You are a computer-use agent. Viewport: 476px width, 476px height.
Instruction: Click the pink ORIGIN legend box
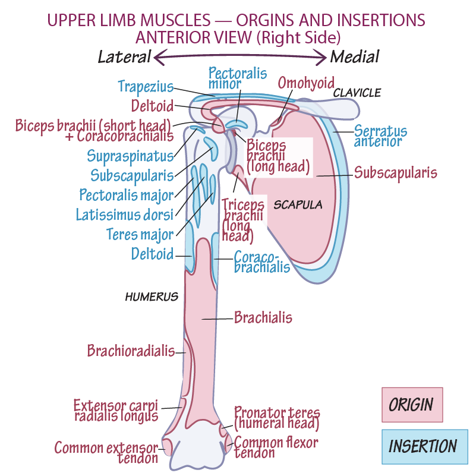[x=412, y=405]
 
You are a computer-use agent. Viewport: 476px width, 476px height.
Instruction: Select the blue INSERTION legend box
[x=423, y=446]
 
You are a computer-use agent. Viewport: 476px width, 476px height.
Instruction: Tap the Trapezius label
[x=146, y=86]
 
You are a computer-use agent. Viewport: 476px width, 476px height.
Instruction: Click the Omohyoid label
[x=306, y=82]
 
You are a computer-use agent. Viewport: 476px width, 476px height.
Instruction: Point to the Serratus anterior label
[x=380, y=135]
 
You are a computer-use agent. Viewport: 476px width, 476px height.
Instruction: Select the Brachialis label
[x=263, y=318]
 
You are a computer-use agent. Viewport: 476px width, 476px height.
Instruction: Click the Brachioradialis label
[x=131, y=351]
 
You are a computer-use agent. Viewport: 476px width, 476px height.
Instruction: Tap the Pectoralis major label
[x=127, y=194]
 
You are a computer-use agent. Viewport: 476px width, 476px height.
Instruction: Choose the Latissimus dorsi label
[x=124, y=214]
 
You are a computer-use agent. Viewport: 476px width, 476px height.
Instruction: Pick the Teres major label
[x=140, y=234]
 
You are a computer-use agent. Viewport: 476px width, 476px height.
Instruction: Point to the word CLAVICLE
[x=357, y=93]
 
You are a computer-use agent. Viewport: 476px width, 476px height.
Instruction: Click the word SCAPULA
[x=298, y=205]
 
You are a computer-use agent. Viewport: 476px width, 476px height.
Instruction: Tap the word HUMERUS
[x=152, y=297]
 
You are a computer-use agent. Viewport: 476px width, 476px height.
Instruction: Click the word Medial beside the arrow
[x=355, y=57]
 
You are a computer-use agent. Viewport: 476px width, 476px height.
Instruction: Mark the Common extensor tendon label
[x=107, y=452]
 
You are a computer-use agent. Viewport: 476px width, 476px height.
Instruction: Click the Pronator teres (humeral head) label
[x=276, y=418]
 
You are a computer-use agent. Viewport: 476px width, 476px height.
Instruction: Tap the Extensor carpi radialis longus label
[x=116, y=411]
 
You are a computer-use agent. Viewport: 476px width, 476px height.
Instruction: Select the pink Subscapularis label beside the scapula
[x=395, y=173]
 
